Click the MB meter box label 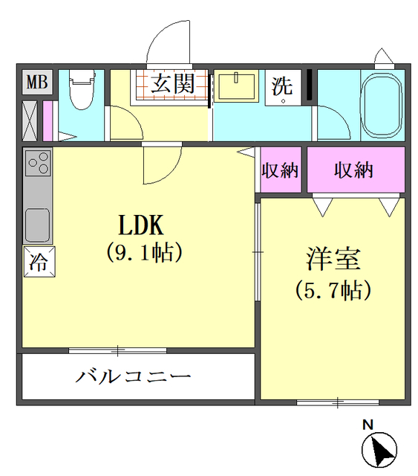click(x=36, y=83)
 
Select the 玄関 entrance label click(x=173, y=83)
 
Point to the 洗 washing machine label click(x=282, y=86)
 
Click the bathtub click(x=381, y=105)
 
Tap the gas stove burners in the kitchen click(x=37, y=164)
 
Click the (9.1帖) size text click(x=143, y=253)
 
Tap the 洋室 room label click(x=333, y=260)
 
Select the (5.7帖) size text click(x=333, y=289)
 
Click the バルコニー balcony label click(x=133, y=376)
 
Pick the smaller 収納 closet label click(x=280, y=170)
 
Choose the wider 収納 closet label click(x=353, y=170)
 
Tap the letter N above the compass click(x=367, y=425)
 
